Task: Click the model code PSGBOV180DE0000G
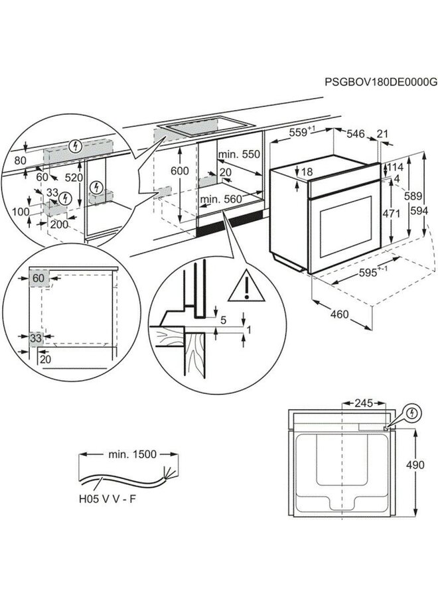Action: pyautogui.click(x=381, y=82)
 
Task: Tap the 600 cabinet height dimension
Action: pyautogui.click(x=180, y=170)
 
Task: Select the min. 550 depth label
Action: pyautogui.click(x=239, y=154)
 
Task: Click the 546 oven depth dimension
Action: pyautogui.click(x=357, y=134)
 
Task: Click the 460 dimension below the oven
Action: pyautogui.click(x=339, y=314)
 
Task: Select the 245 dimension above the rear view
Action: pyautogui.click(x=362, y=403)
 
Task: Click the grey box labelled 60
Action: pyautogui.click(x=39, y=279)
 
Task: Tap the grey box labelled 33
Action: pyautogui.click(x=35, y=338)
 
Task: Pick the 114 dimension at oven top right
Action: pyautogui.click(x=396, y=167)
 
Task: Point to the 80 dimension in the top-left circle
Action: pyautogui.click(x=19, y=161)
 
